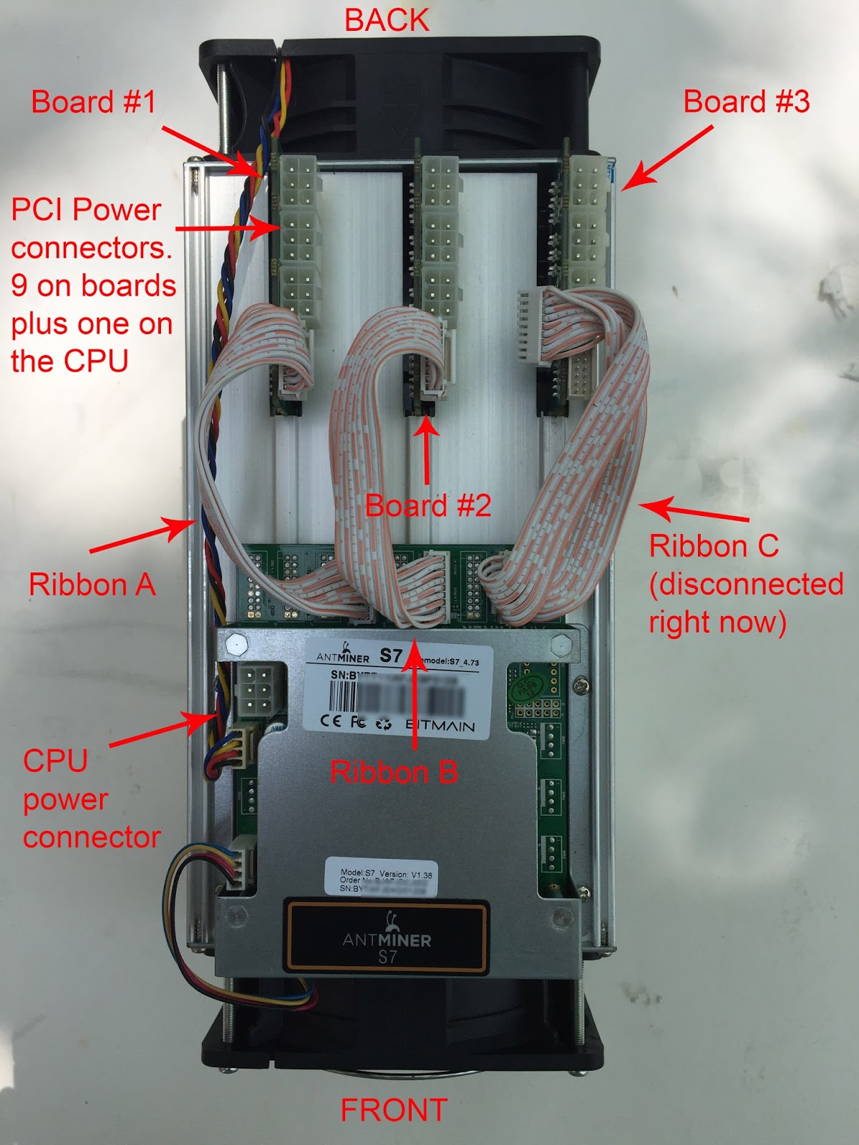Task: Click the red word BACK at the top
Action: [387, 20]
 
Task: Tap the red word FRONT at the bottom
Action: [393, 1110]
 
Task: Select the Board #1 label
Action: [93, 102]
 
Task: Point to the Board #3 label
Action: [746, 102]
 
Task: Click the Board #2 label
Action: [428, 506]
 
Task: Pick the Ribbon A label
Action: [92, 585]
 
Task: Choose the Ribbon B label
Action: [394, 772]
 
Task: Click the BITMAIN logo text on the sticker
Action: [440, 725]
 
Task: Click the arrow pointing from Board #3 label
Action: [668, 158]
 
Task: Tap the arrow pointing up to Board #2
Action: [427, 451]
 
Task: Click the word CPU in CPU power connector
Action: [55, 761]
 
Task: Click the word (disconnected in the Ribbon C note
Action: [746, 585]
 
